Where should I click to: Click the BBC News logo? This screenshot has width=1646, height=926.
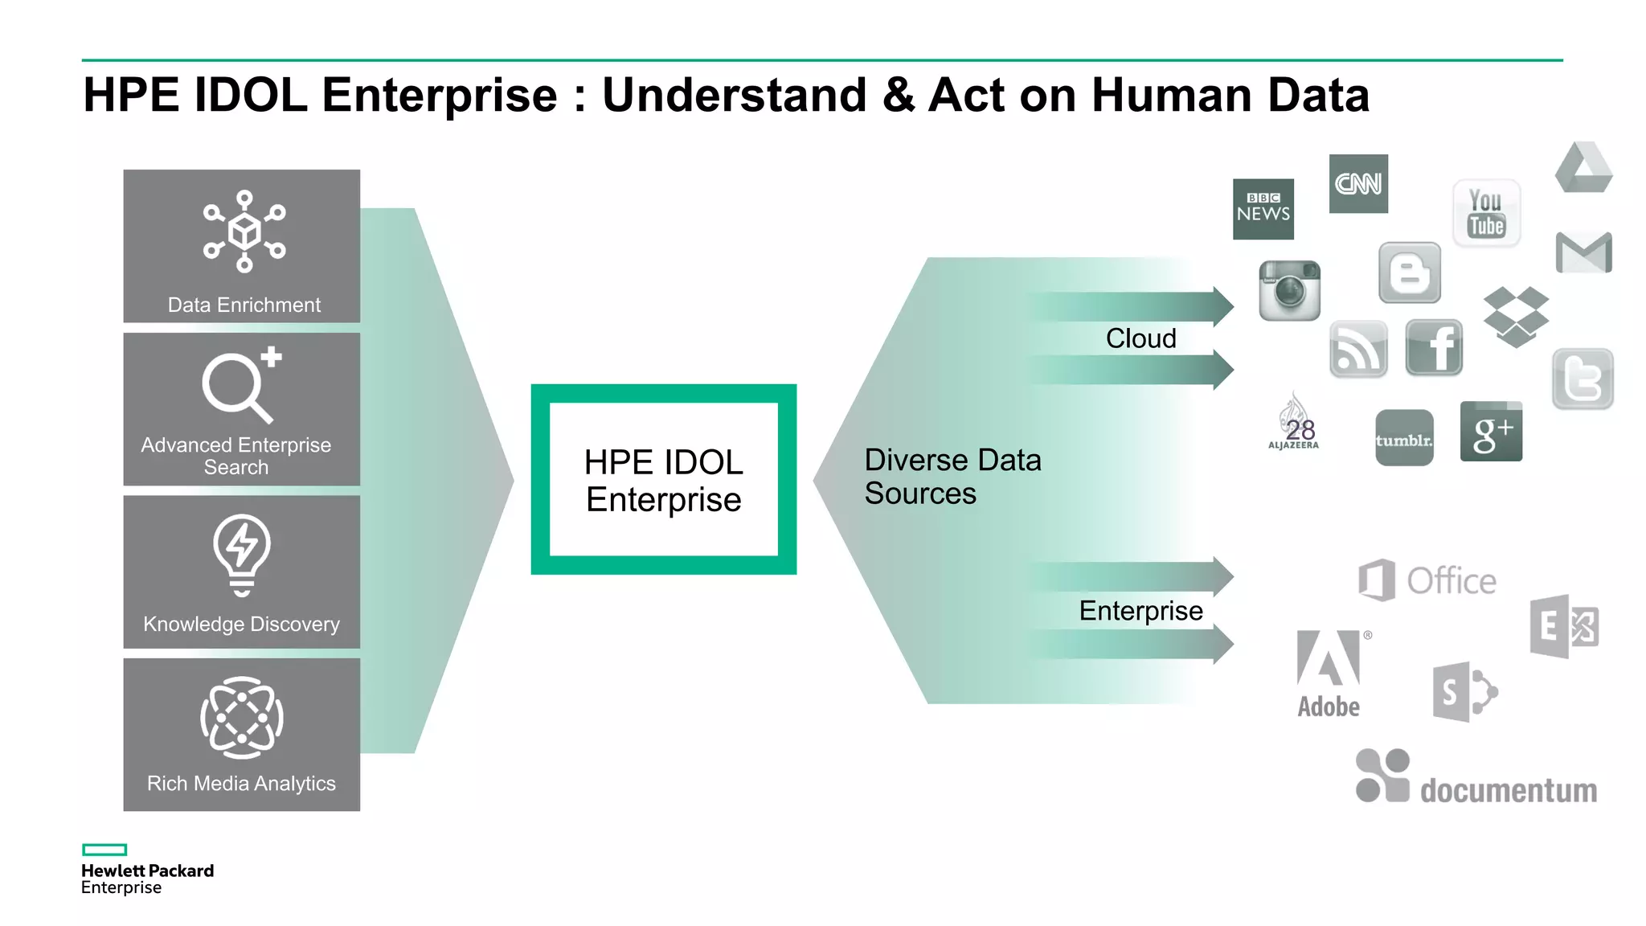coord(1263,209)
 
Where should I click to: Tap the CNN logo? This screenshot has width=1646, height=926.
coord(1358,184)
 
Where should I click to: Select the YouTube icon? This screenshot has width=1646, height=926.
coord(1486,213)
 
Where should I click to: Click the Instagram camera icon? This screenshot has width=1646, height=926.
coord(1289,290)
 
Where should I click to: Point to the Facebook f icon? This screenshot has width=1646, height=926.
coord(1435,347)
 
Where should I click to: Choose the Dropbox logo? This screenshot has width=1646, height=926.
coord(1515,316)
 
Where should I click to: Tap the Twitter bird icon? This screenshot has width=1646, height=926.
coord(1583,379)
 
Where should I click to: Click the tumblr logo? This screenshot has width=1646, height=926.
coord(1404,439)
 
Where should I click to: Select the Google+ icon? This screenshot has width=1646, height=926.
coord(1491,432)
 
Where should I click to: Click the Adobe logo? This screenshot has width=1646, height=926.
coord(1329,674)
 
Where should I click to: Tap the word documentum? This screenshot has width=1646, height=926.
coord(1508,790)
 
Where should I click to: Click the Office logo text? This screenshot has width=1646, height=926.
coord(1451,581)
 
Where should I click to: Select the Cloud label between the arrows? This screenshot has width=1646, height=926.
coord(1140,338)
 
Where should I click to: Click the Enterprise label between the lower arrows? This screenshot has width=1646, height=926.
coord(1140,611)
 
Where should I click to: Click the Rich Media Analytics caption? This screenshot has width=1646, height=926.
coord(241,783)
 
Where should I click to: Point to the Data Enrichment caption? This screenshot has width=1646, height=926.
coord(244,305)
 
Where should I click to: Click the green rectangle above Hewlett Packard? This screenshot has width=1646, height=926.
coord(104,850)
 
